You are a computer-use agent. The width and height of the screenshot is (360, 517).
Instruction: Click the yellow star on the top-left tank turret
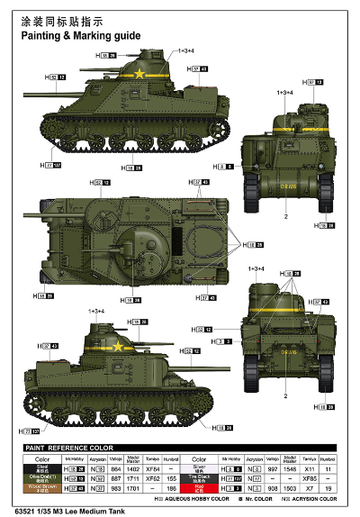coord(139,75)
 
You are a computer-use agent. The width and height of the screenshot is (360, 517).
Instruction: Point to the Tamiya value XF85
coord(309,478)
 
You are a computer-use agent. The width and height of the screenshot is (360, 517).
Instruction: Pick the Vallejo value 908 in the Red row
coord(272,488)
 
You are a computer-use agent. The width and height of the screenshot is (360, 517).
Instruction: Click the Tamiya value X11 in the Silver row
coord(309,468)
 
